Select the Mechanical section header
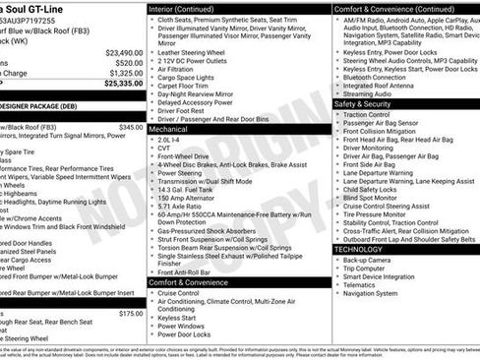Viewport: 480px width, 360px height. [170, 129]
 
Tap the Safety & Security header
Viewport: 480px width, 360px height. [362, 103]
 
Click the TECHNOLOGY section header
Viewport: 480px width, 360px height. [359, 250]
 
